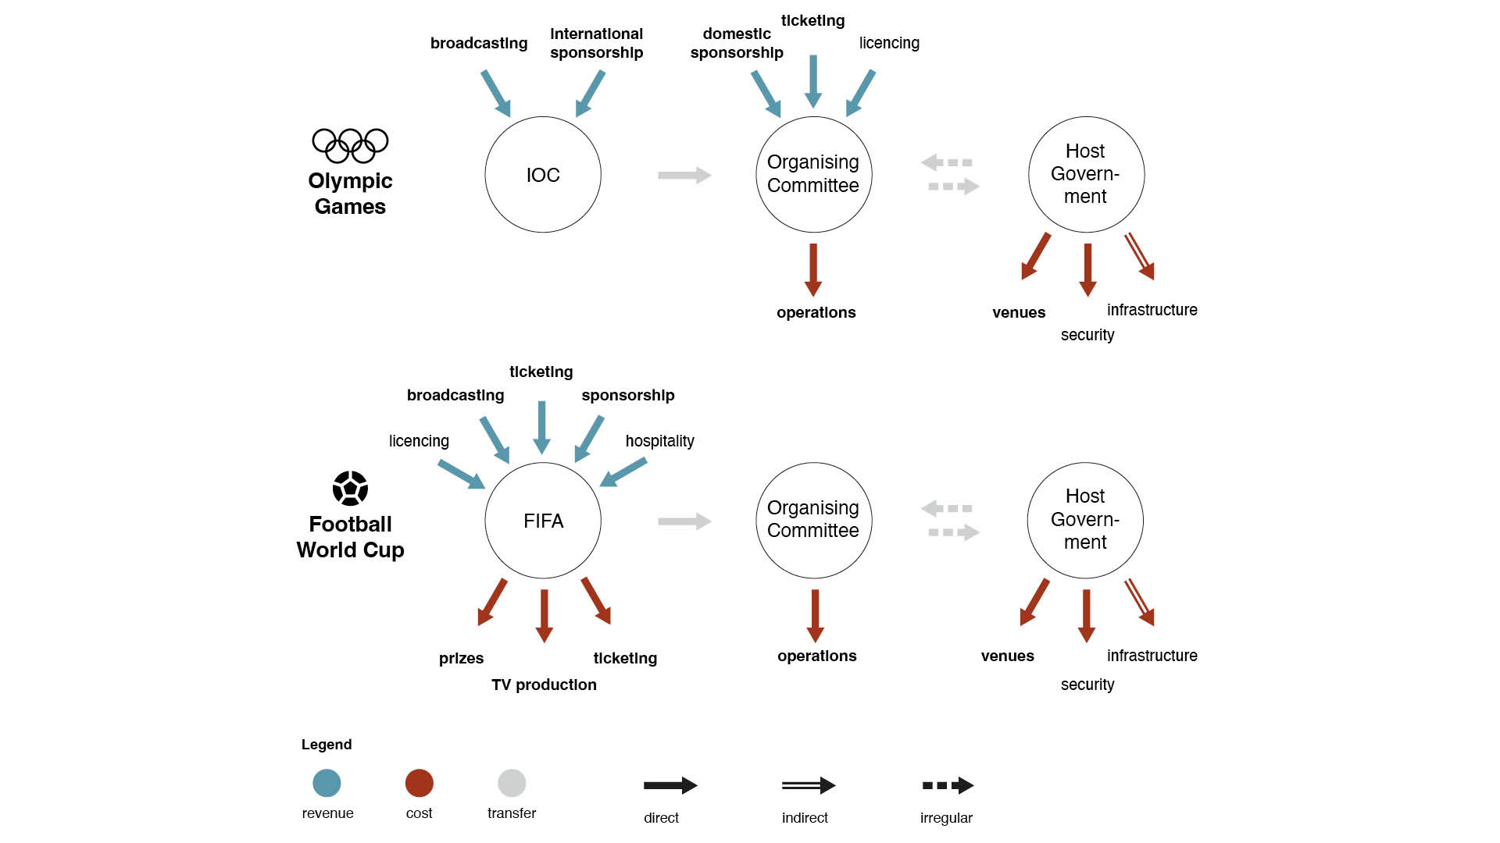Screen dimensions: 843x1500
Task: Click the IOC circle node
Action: click(x=543, y=175)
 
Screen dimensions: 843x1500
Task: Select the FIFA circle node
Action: click(x=543, y=521)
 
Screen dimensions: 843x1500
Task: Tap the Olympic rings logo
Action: click(x=350, y=145)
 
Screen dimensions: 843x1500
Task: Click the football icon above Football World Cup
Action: click(x=350, y=489)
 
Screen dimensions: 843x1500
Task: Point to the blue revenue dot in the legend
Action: click(x=327, y=783)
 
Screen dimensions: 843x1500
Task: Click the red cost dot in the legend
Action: click(x=419, y=783)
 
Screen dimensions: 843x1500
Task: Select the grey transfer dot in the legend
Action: click(x=512, y=783)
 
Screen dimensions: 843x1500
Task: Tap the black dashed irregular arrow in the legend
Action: click(x=948, y=785)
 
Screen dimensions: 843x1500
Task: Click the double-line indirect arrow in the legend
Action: click(x=808, y=785)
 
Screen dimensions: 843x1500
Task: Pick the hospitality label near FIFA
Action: click(x=659, y=441)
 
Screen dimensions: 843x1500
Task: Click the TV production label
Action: click(x=544, y=685)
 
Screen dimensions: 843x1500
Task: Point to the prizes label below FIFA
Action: click(x=461, y=658)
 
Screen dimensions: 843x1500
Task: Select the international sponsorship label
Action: click(x=596, y=43)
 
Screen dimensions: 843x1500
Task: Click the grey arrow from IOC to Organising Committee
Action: click(x=684, y=175)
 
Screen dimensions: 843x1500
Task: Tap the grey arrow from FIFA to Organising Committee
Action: click(x=684, y=521)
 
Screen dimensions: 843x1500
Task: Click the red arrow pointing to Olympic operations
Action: click(x=813, y=269)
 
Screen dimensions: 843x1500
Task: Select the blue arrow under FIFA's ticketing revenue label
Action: click(x=541, y=426)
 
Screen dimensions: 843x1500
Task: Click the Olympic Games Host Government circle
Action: click(x=1086, y=175)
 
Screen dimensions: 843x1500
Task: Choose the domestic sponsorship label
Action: click(x=736, y=43)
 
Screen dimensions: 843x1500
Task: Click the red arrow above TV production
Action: click(x=545, y=615)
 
